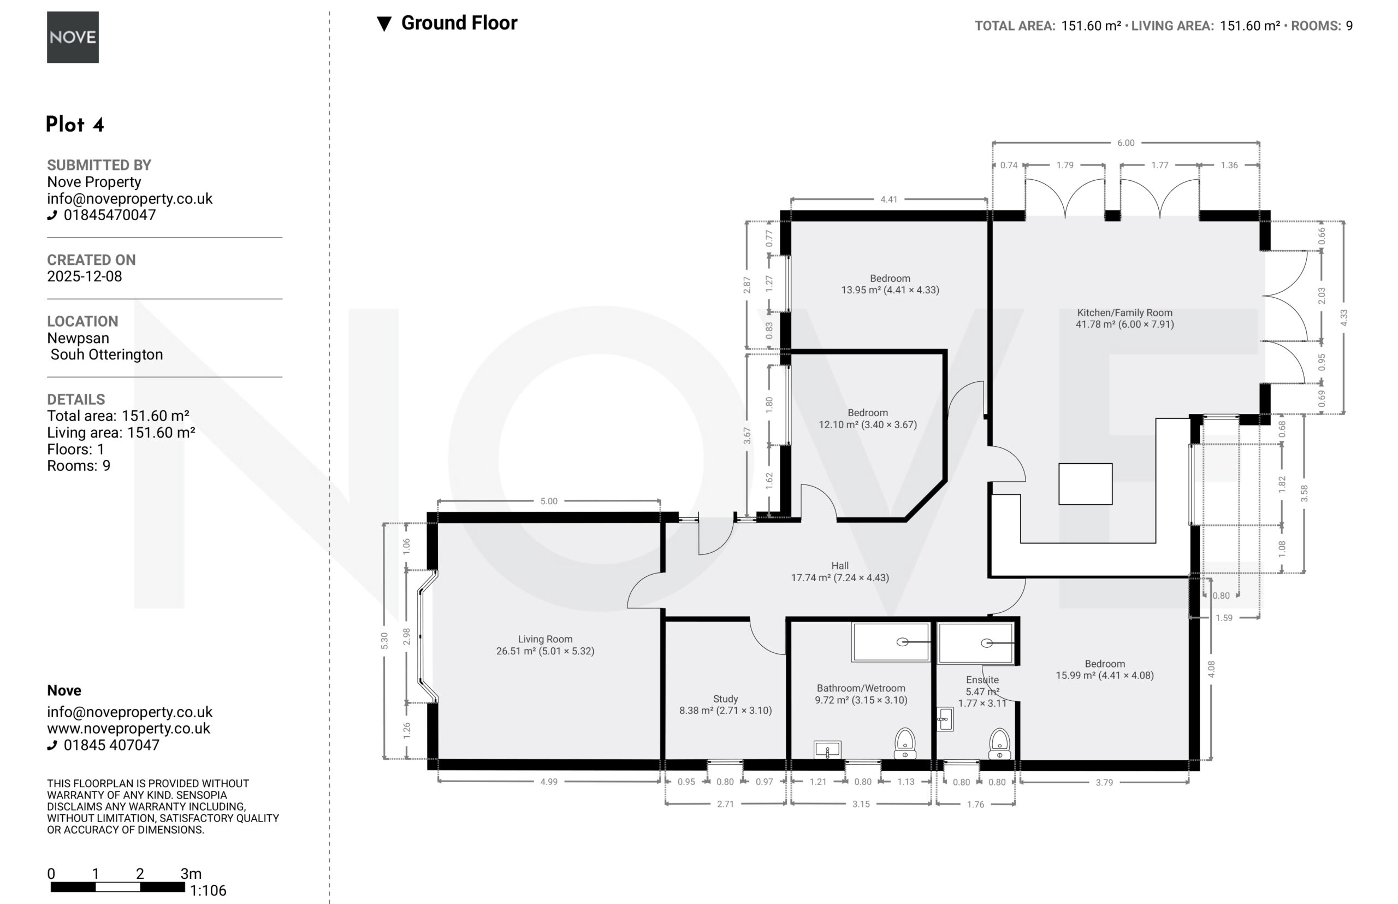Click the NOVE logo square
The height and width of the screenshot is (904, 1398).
73,37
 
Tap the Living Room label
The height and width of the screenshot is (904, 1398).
545,639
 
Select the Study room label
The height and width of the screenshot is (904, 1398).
725,699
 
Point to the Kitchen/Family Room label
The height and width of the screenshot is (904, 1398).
1124,313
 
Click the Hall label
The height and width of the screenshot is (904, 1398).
840,566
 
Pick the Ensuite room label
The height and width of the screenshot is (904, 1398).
982,680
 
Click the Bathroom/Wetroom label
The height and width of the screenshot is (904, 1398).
861,688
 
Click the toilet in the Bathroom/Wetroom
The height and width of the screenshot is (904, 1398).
905,743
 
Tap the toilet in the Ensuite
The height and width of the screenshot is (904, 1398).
999,743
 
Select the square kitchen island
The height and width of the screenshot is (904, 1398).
1085,484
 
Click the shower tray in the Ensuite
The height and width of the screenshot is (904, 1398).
976,643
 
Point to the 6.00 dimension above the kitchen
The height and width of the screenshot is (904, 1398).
1125,143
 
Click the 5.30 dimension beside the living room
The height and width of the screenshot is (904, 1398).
384,640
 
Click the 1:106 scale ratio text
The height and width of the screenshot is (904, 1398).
208,890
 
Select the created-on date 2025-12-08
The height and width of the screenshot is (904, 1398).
85,276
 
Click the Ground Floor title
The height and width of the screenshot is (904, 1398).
459,23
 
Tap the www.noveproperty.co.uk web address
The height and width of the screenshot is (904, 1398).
128,729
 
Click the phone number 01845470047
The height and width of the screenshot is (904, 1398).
110,215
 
